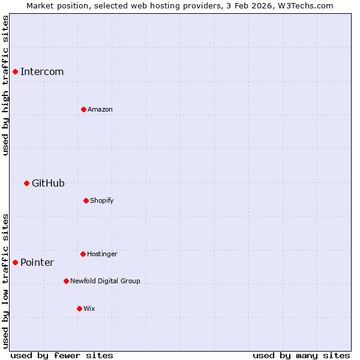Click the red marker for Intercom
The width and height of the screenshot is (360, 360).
point(15,71)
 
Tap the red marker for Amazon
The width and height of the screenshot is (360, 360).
point(83,109)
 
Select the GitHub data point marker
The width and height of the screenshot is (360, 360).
point(26,183)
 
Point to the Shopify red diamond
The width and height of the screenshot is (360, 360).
point(86,200)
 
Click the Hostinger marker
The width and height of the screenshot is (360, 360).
point(83,254)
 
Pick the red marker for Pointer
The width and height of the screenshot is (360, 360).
point(15,262)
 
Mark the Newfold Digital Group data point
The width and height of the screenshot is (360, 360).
point(66,281)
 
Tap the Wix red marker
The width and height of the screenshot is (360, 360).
point(79,308)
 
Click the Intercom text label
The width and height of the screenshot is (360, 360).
point(42,72)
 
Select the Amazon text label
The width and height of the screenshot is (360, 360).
point(100,110)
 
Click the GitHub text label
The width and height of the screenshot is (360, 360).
point(48,184)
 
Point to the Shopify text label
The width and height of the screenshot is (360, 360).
point(102,200)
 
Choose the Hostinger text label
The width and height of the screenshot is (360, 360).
point(102,254)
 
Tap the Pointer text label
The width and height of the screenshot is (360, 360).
point(37,263)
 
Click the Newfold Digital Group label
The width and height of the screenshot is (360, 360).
point(105,281)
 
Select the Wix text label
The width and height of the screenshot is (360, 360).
point(89,309)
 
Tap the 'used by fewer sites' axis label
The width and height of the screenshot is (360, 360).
point(62,356)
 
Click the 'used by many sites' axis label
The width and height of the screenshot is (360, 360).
point(301,356)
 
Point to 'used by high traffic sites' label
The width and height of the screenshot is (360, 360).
point(5,86)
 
